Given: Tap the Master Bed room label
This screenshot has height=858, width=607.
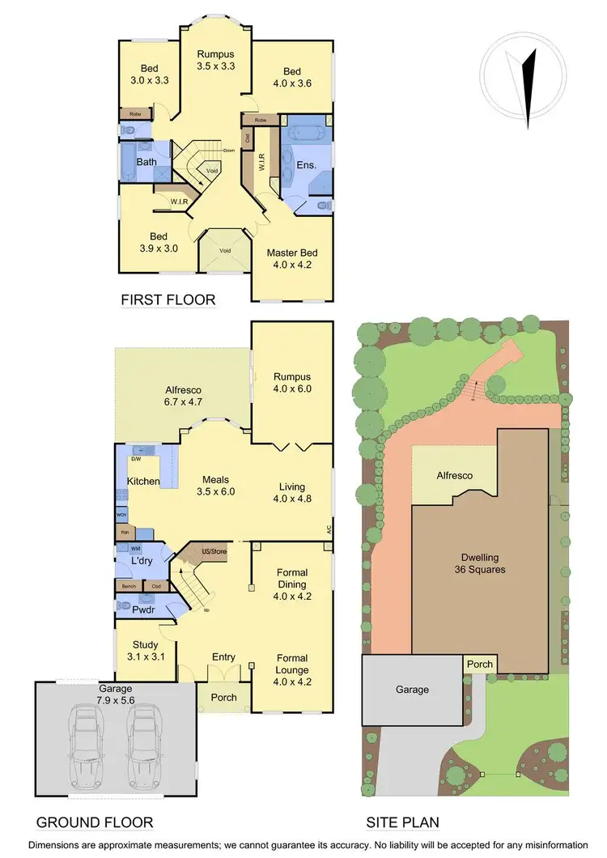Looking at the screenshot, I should coord(291,258).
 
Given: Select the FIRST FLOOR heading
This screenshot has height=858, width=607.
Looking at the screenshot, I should coord(168,300).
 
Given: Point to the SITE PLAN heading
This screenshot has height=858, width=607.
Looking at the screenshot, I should coord(402,822).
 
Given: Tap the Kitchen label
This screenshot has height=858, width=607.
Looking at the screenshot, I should coord(143,482).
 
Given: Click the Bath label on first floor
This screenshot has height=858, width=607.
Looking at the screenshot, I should coord(146,162).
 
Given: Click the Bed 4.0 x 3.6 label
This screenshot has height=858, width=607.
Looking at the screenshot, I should coord(291,77).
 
